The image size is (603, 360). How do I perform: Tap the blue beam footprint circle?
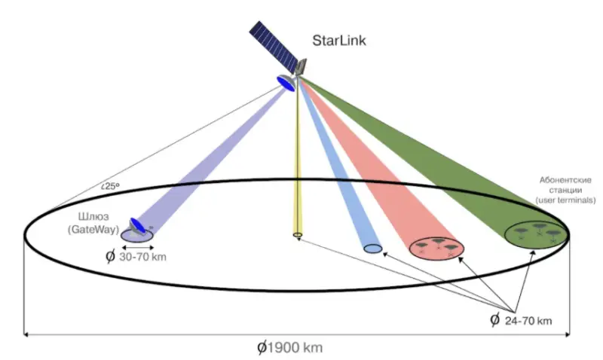tap(372, 248)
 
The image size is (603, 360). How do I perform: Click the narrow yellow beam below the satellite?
tap(297, 166)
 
